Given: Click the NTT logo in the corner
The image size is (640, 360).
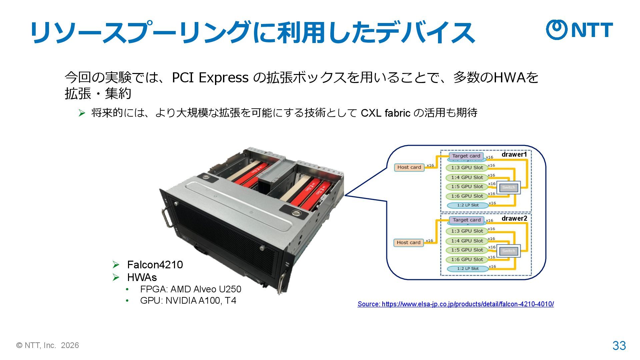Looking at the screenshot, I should [x=579, y=30].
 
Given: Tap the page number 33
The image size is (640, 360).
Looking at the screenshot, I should [x=619, y=346].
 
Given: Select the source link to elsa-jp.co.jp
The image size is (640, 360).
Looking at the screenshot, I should [x=456, y=304].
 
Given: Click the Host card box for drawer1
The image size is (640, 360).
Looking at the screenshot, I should [x=409, y=167].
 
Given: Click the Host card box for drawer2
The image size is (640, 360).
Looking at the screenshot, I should [x=408, y=243].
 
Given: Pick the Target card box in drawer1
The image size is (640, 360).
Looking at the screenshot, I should [x=466, y=156].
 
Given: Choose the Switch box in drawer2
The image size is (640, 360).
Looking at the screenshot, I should [x=508, y=251].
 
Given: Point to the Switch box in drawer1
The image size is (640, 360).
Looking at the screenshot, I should [x=508, y=187].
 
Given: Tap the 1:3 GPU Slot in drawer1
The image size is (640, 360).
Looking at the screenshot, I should [x=467, y=168].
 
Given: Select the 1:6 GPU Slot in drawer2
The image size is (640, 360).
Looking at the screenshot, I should [x=467, y=260].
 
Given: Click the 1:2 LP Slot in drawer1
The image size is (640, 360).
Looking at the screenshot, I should [x=467, y=205].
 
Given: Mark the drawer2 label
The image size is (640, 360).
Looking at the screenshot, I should [x=514, y=218].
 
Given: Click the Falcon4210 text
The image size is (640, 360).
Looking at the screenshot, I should [x=155, y=265].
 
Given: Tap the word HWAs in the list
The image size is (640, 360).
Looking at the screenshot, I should [x=142, y=277].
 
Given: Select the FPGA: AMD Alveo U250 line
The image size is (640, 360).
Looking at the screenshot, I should [x=190, y=289].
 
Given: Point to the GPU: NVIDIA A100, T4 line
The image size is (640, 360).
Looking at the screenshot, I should [x=188, y=301].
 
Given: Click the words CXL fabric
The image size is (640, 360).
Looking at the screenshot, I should [x=385, y=113].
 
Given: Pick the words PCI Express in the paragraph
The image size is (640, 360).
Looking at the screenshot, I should [x=210, y=78].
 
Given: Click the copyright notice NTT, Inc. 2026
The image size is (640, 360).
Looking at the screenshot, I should [x=48, y=345].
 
